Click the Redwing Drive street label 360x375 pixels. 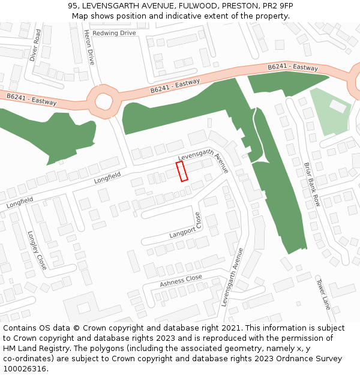[115, 33]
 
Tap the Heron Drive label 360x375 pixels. [89, 47]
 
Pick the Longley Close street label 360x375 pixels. [37, 250]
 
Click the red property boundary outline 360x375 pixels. [182, 170]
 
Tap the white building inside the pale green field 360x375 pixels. [338, 106]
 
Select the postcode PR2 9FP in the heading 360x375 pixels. [277, 6]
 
